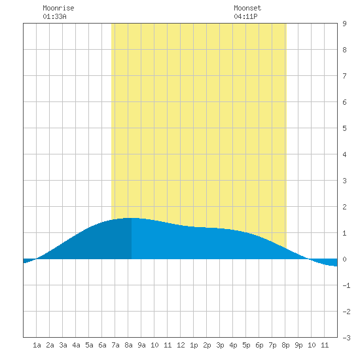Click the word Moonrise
[58, 8]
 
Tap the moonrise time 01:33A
[54, 16]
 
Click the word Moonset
[247, 8]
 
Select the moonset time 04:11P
[245, 16]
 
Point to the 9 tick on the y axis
[344, 24]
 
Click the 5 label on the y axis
[344, 128]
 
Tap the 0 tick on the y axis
[344, 259]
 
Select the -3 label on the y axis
[346, 338]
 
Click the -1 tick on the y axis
[346, 285]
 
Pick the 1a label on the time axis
[37, 345]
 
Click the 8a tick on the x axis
[128, 345]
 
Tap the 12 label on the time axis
[181, 345]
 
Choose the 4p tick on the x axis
[233, 345]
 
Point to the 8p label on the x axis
[285, 345]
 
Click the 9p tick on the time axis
[298, 345]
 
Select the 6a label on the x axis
[102, 345]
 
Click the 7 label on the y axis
[344, 76]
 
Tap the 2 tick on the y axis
[344, 207]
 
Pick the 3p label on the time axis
[220, 345]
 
